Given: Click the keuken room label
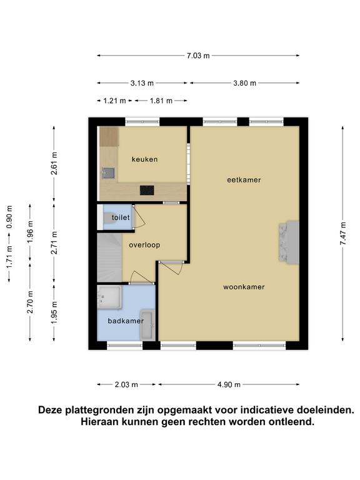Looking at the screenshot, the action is (x=144, y=159).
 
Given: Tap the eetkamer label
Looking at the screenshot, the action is (x=244, y=180).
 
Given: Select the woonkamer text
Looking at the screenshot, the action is (x=244, y=287).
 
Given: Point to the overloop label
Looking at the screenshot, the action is (x=144, y=245).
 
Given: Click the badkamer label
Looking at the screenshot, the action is (x=126, y=321).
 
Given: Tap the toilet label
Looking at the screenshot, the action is (x=121, y=217).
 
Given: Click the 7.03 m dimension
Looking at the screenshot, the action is (x=198, y=56).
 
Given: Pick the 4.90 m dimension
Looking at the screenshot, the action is (x=229, y=384).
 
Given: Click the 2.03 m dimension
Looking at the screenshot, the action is (x=126, y=384).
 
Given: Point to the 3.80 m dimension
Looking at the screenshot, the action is (x=244, y=83).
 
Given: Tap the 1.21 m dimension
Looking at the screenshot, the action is (x=114, y=101).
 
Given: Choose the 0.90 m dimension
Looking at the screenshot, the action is (x=9, y=217).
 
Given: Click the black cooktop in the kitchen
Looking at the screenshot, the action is (x=147, y=191).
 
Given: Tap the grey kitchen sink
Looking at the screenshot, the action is (x=108, y=173).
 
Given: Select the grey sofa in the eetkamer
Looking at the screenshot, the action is (x=289, y=242).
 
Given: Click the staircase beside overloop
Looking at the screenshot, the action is (x=109, y=257).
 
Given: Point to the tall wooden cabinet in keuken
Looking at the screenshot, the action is (x=109, y=136).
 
